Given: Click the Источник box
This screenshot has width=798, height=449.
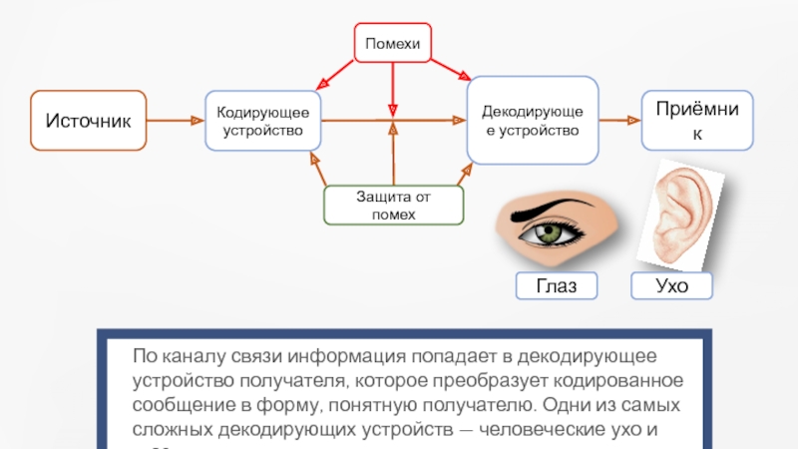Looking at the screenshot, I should pos(88,121).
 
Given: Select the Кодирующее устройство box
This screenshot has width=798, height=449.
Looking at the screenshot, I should pos(263,121).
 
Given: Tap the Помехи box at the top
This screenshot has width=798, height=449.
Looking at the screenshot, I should pos(393,42).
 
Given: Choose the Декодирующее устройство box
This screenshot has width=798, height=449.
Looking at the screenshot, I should pos(534,121).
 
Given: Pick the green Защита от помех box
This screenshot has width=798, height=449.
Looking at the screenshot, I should pos(393,206).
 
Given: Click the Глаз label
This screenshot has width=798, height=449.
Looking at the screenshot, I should pos(556,287).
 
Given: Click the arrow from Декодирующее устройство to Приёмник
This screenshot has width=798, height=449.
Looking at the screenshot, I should pos(619,121).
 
